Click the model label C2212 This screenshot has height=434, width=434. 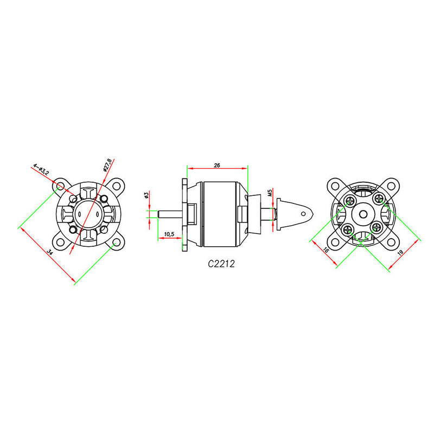[x=221, y=265]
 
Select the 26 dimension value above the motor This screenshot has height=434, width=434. [x=216, y=164]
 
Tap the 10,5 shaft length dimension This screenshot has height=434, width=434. [x=169, y=234]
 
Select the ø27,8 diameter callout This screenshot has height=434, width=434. [x=107, y=164]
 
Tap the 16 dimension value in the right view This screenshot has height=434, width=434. [x=325, y=251]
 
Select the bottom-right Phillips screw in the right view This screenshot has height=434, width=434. [x=376, y=228]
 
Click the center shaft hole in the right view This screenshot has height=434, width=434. [x=362, y=214]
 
